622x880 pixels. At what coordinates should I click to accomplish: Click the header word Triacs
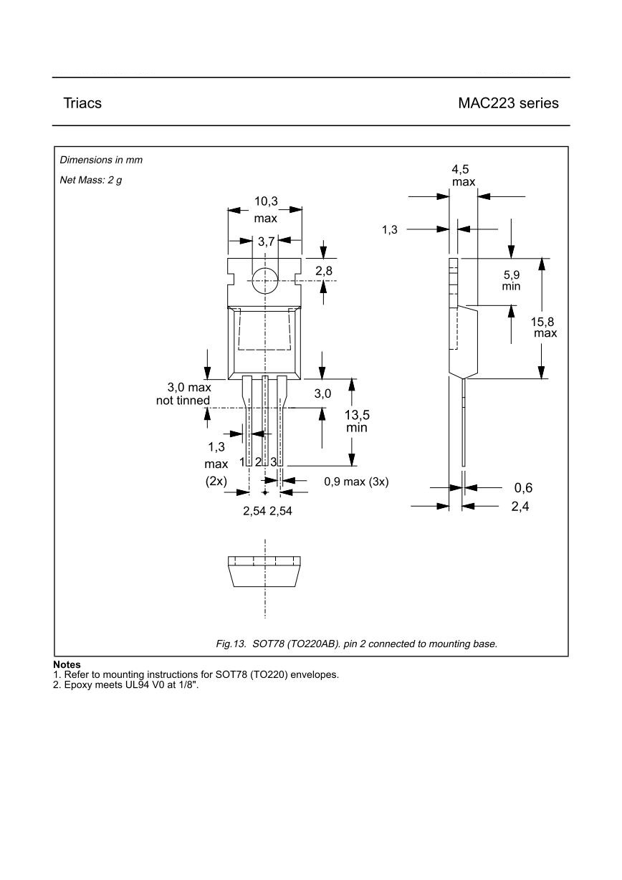pos(82,103)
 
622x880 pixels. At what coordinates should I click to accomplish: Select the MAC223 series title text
pos(508,103)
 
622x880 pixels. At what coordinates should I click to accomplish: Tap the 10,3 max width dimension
pos(266,209)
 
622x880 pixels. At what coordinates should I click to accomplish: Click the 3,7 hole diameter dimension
pos(266,242)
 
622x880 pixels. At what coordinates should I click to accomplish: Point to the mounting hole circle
pos(265,280)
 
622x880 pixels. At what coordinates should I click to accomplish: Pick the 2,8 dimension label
pos(323,271)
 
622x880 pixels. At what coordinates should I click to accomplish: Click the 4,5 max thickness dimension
pos(463,176)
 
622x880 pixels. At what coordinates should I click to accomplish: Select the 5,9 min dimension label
pos(512,280)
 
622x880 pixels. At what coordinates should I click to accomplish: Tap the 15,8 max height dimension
pos(542,327)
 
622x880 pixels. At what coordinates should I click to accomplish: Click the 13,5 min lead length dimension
pos(357,421)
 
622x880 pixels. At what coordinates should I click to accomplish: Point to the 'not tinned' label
pos(183,401)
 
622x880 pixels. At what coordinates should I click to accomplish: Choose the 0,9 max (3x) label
pos(356,482)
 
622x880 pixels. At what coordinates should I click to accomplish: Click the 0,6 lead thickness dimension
pos(523,488)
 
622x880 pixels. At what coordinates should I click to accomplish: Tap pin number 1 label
pos(243,462)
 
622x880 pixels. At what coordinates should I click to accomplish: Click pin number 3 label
pos(274,462)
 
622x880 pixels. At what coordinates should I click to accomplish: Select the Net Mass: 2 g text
pos(90,180)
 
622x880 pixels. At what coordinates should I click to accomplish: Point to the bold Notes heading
pos(67,665)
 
